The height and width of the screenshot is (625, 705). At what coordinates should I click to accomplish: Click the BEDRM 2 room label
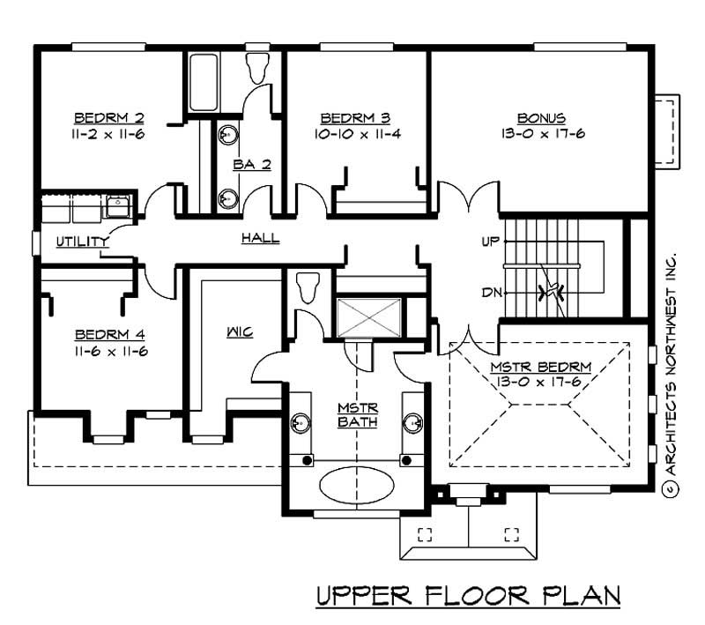[109, 117]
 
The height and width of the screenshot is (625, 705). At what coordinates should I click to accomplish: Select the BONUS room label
[540, 117]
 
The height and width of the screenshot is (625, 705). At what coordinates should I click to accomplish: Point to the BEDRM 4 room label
[110, 335]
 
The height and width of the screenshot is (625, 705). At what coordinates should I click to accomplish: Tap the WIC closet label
[239, 332]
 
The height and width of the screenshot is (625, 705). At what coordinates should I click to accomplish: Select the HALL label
[260, 238]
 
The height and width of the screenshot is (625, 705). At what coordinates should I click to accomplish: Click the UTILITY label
[82, 242]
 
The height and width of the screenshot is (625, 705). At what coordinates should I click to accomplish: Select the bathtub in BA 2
[201, 83]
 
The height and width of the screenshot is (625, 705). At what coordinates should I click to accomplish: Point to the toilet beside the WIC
[308, 286]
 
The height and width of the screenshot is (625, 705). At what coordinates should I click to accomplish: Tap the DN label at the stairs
[491, 294]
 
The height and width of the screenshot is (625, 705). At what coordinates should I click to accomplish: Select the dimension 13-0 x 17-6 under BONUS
[540, 134]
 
